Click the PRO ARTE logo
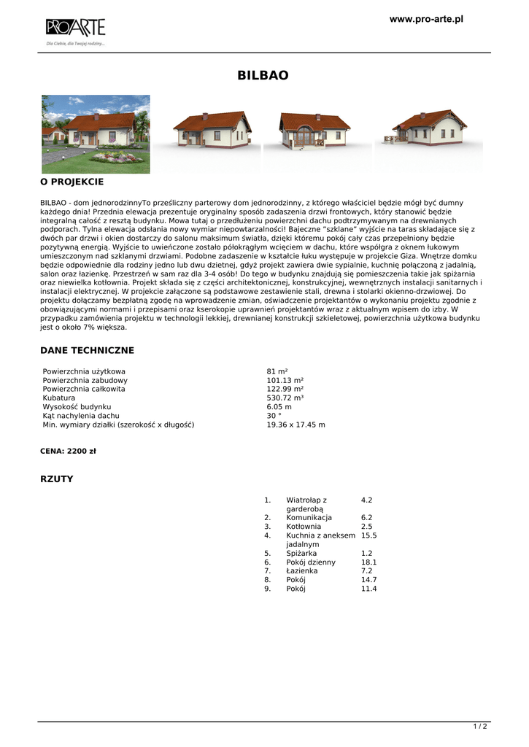point(75,28)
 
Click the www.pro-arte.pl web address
point(426,19)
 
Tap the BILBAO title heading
point(263,75)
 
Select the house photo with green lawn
point(96,133)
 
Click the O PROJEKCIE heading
point(72,182)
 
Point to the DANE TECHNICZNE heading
point(87,351)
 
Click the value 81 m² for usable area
point(277,372)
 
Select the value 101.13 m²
point(285,381)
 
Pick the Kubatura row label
point(59,398)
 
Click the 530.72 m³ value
point(285,398)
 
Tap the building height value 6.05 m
point(279,407)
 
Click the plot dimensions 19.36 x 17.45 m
point(296,425)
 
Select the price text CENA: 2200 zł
point(68,452)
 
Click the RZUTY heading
point(56,479)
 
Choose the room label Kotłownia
point(304,527)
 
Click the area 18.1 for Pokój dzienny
point(368,562)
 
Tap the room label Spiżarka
point(301,554)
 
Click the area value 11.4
point(368,589)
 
